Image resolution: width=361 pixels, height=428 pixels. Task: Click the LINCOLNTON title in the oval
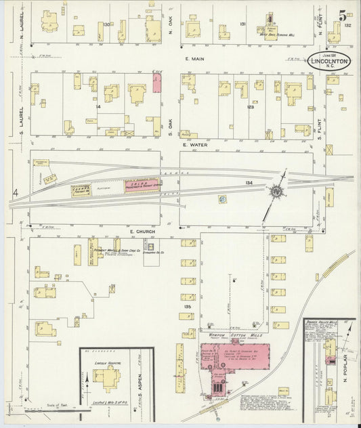coord(331,60)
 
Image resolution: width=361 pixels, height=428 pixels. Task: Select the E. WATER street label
coord(193,144)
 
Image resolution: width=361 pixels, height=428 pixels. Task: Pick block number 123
coord(250,106)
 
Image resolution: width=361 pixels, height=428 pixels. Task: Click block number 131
coord(242,24)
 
